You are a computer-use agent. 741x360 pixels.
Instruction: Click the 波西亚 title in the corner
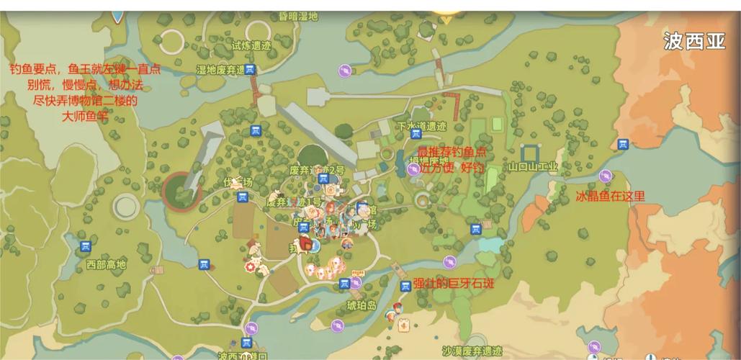tap(694, 41)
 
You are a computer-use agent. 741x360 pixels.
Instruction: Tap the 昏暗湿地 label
tap(297, 16)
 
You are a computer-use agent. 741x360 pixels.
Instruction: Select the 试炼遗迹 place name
tap(251, 44)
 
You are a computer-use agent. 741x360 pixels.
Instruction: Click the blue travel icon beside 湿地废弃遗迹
tap(250, 69)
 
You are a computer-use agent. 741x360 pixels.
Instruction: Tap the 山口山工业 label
tap(533, 166)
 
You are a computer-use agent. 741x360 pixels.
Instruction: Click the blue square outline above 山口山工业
tap(531, 153)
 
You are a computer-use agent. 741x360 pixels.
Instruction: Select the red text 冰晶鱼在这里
tap(611, 195)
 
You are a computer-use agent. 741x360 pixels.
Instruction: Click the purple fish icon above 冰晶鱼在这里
tap(606, 176)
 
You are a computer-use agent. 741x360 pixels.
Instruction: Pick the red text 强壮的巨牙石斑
tap(454, 283)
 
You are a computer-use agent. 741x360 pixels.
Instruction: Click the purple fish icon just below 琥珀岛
tap(337, 325)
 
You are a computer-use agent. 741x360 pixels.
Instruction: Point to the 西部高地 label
tap(106, 264)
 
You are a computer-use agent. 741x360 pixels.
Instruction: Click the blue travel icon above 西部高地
tap(86, 246)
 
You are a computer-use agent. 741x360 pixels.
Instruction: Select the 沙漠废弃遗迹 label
tap(472, 351)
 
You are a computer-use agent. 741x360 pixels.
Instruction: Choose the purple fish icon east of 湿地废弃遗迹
tap(345, 70)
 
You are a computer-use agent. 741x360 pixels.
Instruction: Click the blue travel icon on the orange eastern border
tap(623, 143)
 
